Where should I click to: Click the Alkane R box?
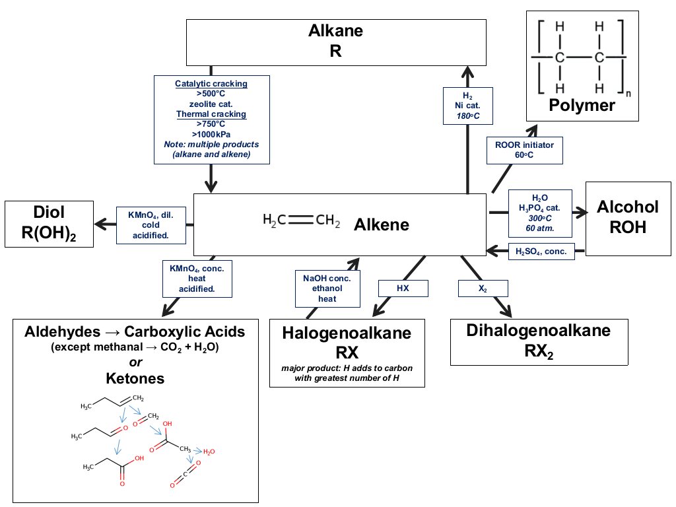(x=336, y=42)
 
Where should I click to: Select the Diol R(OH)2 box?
(x=49, y=224)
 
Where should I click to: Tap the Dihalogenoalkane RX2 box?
(x=539, y=342)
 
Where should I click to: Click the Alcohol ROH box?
(x=628, y=219)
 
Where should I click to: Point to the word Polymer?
(x=582, y=105)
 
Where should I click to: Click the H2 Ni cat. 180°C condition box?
(x=468, y=106)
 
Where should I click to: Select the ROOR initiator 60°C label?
(x=525, y=150)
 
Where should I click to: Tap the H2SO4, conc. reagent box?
(x=541, y=252)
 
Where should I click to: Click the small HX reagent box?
(x=403, y=288)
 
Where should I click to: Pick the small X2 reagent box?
(x=483, y=288)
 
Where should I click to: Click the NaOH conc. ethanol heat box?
(x=327, y=288)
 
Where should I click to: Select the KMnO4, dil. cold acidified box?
(x=151, y=226)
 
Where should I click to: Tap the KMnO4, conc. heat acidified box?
(x=197, y=279)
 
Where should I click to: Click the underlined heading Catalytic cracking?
(x=211, y=84)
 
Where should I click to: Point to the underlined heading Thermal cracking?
(x=211, y=114)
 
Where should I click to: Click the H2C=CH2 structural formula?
(x=301, y=220)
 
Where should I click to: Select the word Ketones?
(x=135, y=378)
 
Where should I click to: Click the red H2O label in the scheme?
(x=209, y=452)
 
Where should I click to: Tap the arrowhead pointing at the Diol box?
(x=100, y=224)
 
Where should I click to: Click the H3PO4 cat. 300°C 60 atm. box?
(x=540, y=213)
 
